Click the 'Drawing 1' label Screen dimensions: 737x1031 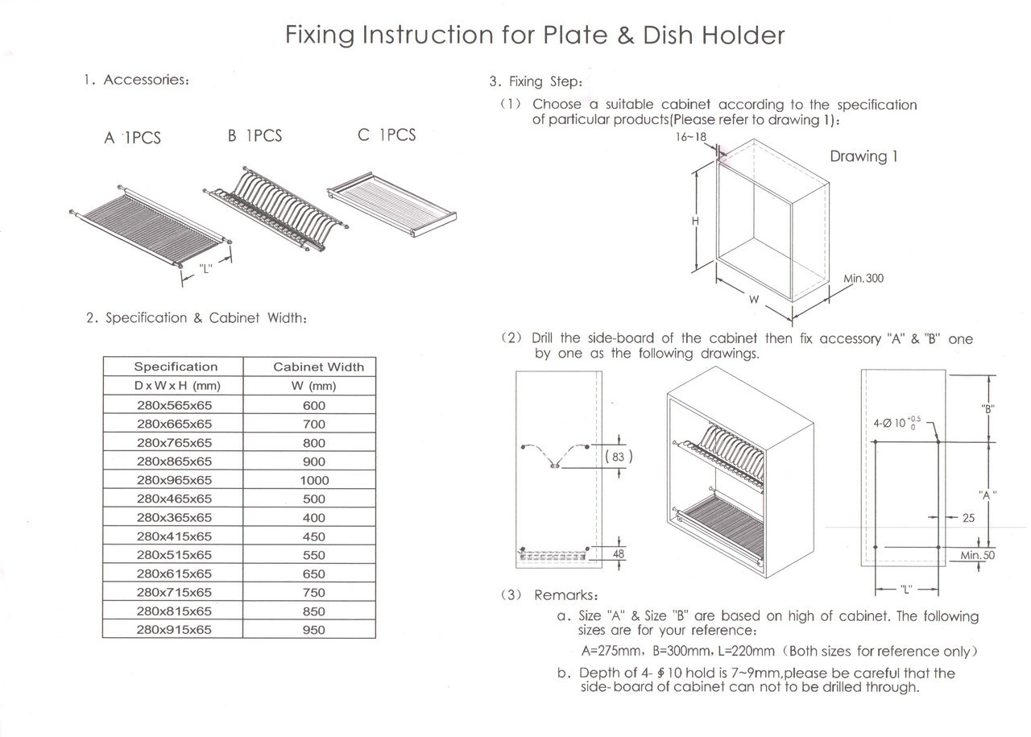863,156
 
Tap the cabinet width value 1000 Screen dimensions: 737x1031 313,480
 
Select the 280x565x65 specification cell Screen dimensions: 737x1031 174,405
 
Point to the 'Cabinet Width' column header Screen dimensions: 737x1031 318,366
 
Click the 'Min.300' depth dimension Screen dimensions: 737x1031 863,279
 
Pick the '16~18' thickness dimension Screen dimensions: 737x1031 691,137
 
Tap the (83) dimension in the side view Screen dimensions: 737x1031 618,457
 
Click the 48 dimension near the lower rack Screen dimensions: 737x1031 618,554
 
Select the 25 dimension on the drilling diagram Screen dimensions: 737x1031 968,518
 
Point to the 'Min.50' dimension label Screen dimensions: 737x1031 977,555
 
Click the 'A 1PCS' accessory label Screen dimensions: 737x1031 132,138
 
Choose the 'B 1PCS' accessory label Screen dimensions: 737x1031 255,136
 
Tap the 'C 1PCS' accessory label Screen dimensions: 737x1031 387,135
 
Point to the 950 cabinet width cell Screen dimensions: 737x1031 313,630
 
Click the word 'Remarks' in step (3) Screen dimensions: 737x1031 565,595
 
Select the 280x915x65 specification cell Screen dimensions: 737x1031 174,630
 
